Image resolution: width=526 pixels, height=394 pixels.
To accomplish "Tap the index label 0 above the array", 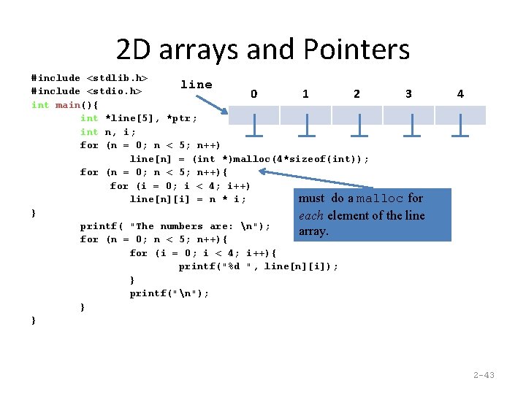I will click(254, 93).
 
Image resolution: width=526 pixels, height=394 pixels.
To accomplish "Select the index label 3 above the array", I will click(408, 93).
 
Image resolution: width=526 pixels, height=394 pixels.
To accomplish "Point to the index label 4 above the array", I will click(460, 93).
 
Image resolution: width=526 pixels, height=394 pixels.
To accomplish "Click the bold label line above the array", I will click(197, 85).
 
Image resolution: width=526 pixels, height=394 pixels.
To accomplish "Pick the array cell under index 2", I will click(357, 115).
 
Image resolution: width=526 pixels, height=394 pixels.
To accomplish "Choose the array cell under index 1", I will click(305, 115).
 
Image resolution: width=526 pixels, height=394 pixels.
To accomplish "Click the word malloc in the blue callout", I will click(380, 198).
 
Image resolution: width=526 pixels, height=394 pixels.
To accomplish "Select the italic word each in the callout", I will click(311, 215).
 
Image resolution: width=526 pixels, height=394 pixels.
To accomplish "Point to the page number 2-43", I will click(484, 375).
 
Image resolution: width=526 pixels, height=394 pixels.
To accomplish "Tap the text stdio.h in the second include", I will click(115, 91).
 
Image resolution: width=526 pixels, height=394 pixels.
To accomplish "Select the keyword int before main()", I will click(40, 105).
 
